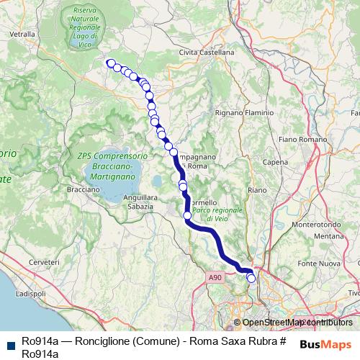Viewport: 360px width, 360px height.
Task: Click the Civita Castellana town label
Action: pyautogui.click(x=207, y=53)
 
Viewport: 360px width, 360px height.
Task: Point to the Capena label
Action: pyautogui.click(x=275, y=163)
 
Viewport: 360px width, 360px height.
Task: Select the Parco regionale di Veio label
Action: pyautogui.click(x=208, y=214)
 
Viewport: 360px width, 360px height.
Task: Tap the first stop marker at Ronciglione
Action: pyautogui.click(x=111, y=63)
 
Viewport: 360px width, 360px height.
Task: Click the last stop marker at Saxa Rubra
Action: pyautogui.click(x=251, y=278)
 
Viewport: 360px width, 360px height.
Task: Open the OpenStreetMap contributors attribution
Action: pyautogui.click(x=293, y=323)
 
